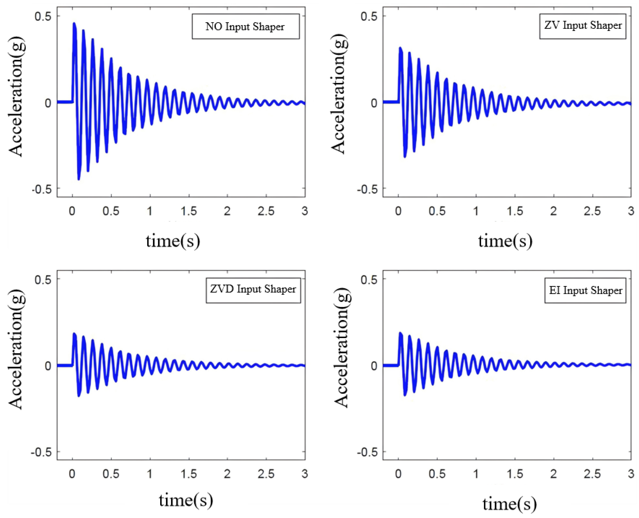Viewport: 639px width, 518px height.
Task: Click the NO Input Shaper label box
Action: click(x=245, y=27)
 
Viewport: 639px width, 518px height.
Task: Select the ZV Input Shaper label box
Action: click(x=582, y=26)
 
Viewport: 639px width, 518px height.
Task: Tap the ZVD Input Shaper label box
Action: click(x=253, y=290)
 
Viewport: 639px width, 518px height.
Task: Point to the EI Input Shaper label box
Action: click(x=585, y=291)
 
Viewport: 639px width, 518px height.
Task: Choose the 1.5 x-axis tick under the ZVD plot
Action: click(x=189, y=474)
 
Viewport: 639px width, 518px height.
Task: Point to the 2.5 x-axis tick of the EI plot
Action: click(x=592, y=474)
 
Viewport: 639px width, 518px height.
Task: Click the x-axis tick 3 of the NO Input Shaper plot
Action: click(x=304, y=211)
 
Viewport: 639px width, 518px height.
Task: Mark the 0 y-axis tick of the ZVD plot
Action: click(x=48, y=366)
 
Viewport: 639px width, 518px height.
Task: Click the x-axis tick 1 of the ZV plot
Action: click(x=476, y=211)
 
